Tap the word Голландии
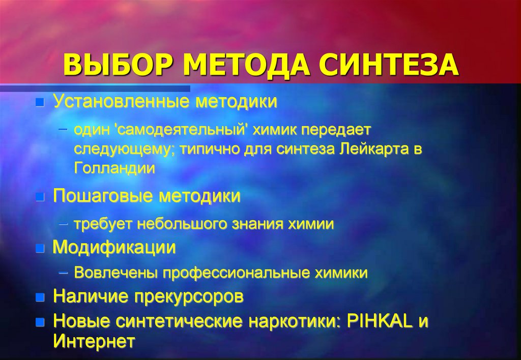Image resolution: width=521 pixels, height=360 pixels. coord(114,168)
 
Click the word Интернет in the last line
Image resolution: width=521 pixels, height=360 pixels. coord(94,340)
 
